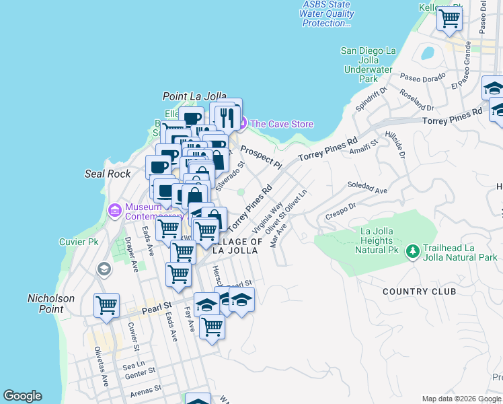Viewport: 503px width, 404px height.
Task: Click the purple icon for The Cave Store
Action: (242, 124)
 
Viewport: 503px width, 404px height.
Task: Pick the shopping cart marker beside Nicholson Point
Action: (106, 305)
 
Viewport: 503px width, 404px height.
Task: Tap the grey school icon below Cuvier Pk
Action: (104, 269)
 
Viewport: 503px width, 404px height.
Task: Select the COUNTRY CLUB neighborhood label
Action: (419, 292)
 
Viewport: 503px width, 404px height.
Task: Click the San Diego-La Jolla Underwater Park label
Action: (369, 65)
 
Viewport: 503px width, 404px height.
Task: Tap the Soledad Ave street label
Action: (367, 188)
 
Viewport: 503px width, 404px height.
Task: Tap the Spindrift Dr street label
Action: (372, 98)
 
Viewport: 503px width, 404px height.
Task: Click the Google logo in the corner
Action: (22, 396)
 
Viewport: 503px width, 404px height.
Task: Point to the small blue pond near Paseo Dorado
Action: (426, 53)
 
